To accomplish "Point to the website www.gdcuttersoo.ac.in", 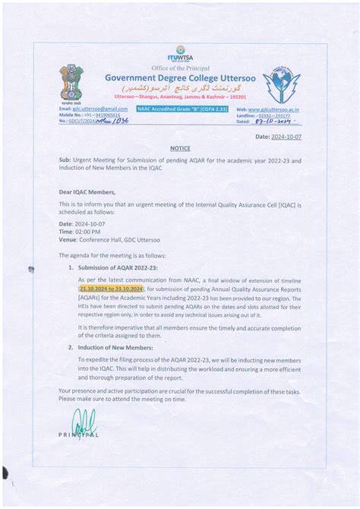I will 274,109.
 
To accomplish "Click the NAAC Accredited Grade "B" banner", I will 175,109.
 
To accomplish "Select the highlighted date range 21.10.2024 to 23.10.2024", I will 111,289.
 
